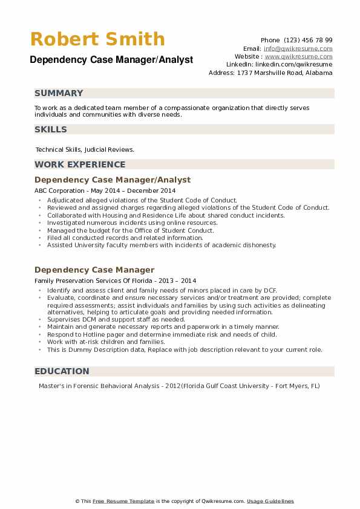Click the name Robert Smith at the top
point(97,39)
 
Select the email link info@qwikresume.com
point(298,48)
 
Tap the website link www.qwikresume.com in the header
point(298,56)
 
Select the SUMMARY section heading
point(59,93)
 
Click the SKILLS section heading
point(51,129)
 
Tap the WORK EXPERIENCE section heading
point(80,164)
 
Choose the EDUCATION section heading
point(62,371)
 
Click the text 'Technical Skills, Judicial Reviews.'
point(85,149)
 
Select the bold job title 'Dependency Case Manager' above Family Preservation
point(94,270)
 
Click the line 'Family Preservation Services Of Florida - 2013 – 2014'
point(115,280)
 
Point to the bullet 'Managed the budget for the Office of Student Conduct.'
point(130,230)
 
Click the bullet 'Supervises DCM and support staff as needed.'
point(116,319)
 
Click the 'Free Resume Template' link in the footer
point(125,501)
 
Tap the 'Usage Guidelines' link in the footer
point(270,501)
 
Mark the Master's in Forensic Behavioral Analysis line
point(179,386)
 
